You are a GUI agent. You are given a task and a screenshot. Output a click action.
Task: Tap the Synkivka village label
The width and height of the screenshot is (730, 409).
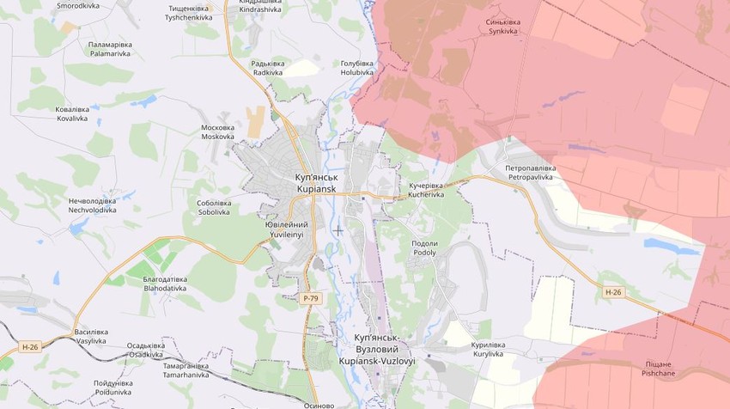click(503, 26)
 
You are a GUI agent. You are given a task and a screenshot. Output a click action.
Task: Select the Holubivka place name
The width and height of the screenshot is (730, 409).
click(357, 68)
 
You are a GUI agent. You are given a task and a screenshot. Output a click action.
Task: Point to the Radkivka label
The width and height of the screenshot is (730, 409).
click(267, 68)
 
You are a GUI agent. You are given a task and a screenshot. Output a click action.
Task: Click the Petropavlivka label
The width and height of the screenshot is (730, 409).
click(530, 172)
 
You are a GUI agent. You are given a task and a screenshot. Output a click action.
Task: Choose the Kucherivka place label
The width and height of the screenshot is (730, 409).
click(426, 190)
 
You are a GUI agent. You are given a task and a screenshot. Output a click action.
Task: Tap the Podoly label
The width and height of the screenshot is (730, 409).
click(424, 247)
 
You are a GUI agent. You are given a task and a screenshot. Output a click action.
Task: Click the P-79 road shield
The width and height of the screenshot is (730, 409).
click(311, 297)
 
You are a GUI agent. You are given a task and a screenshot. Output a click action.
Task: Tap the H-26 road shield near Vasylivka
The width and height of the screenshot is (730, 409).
click(30, 347)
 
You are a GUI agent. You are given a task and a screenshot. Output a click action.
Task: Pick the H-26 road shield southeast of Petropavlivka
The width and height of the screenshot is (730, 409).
click(611, 292)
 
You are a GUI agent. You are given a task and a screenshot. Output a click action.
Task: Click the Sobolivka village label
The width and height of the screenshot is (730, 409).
click(214, 206)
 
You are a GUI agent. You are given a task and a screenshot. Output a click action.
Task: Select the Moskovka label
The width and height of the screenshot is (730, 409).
click(217, 131)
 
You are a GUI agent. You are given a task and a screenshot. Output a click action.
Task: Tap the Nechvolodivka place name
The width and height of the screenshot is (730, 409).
click(92, 204)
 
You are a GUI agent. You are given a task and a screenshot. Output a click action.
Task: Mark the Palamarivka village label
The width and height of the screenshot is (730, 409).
click(109, 48)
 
